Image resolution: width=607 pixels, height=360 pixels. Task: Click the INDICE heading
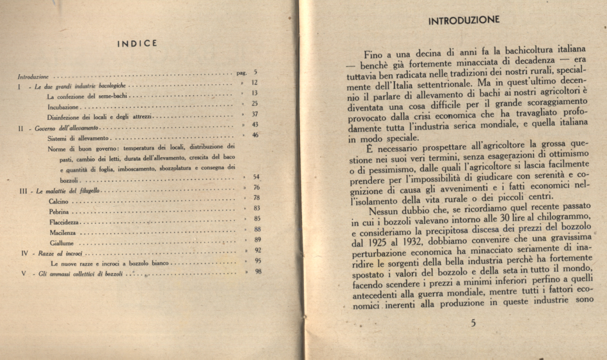137,43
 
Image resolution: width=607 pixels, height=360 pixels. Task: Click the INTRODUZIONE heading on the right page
464,20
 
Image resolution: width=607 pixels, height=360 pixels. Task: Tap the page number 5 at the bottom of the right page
473,322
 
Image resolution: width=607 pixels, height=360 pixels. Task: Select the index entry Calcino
59,200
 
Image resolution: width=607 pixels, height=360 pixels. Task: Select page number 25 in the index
255,103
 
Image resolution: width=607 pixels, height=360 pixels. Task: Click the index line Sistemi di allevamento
78,138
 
